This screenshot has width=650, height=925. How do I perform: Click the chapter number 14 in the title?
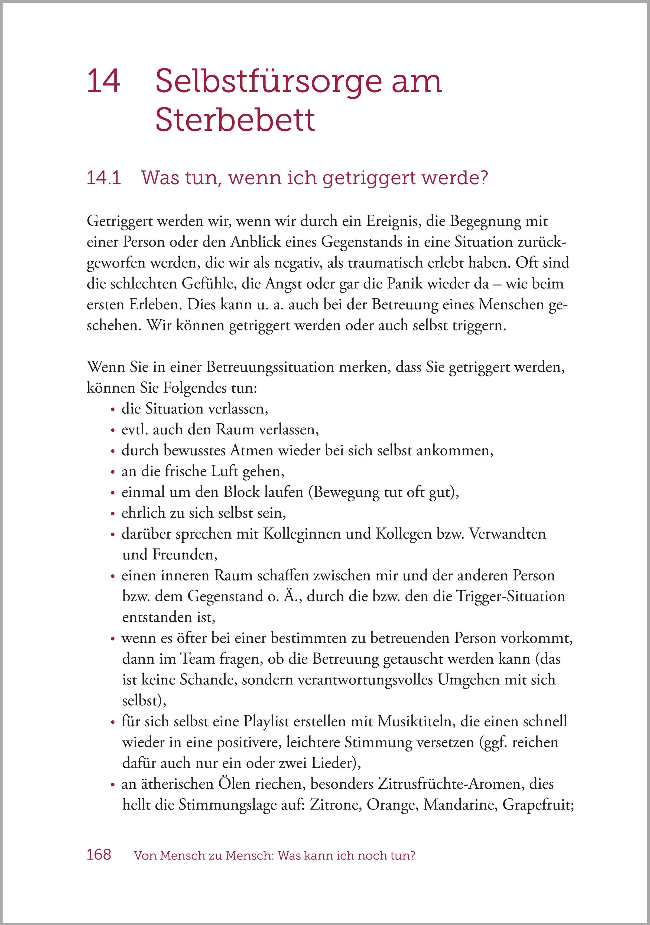[x=103, y=82]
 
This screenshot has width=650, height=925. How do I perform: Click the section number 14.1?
[x=104, y=178]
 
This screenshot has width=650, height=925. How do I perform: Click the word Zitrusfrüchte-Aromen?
[x=450, y=784]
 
